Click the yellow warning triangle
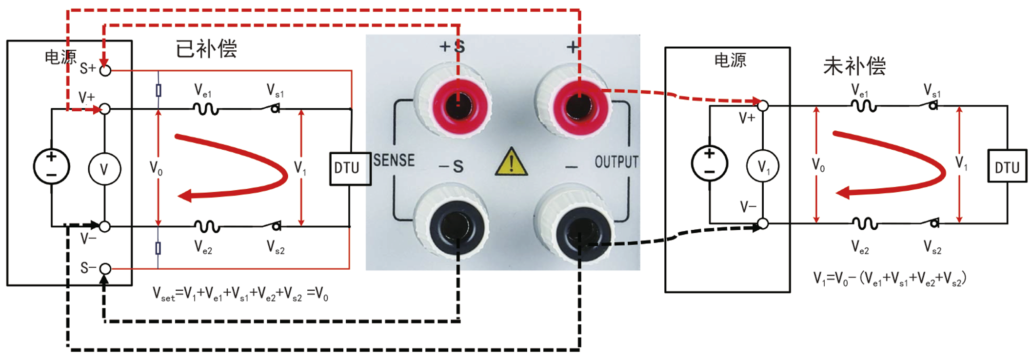coord(511,162)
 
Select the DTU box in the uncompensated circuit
coord(1007,168)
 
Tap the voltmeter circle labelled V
coord(104,169)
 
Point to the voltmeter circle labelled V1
coord(763,166)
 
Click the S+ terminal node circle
coord(105,70)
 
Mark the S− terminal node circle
coord(105,269)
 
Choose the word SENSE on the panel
coord(394,160)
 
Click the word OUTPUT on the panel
coord(616,162)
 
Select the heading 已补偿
coord(206,49)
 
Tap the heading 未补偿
coord(854,66)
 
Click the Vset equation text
coord(240,294)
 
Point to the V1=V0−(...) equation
coord(890,279)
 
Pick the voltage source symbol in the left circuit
coord(51,166)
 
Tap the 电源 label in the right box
coord(730,60)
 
